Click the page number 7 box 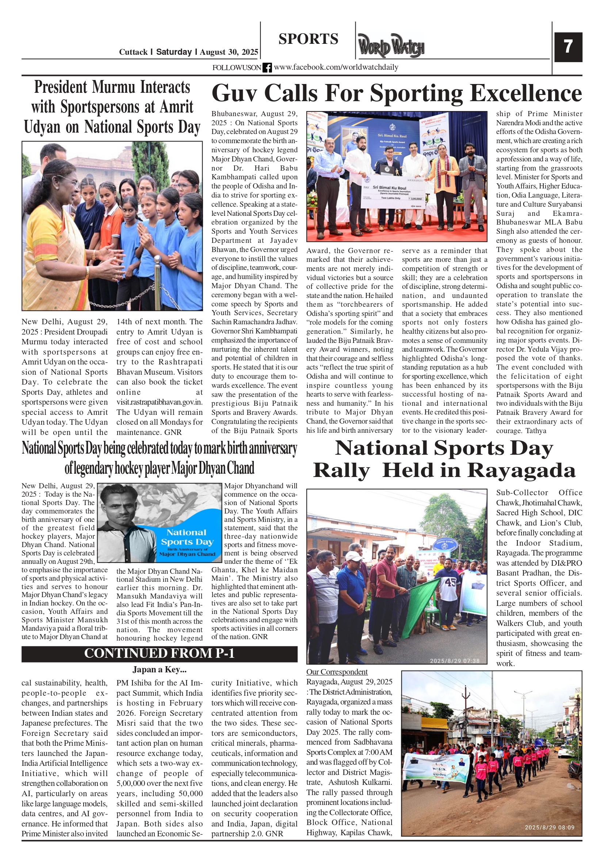568,47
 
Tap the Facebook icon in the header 267,68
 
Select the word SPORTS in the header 308,39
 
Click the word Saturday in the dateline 174,52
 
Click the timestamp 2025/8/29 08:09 549,827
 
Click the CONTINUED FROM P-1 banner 159,653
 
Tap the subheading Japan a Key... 159,669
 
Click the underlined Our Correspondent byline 337,672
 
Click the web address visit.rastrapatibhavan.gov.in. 159,402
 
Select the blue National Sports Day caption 187,538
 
